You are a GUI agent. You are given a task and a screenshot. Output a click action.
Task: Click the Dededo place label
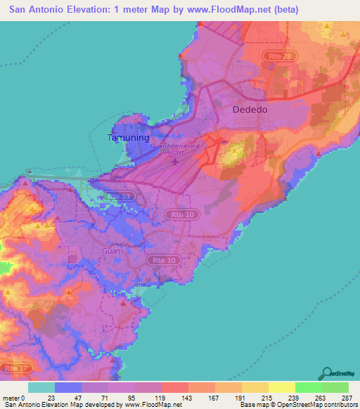pos(251,110)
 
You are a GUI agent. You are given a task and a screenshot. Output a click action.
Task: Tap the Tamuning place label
pos(127,138)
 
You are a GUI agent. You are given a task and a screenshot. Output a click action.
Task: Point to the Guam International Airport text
pos(175,148)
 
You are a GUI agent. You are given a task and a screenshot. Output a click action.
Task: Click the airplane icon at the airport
pos(175,162)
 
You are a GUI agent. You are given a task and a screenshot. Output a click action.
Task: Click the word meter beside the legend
pos(12,397)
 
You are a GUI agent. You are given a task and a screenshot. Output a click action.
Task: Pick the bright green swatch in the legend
pos(308,387)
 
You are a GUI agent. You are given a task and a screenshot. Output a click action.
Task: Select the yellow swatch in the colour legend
pos(281,387)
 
